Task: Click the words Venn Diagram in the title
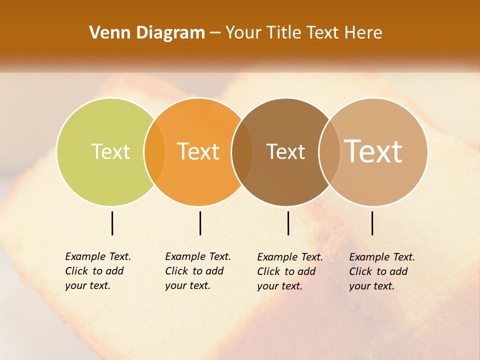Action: click(147, 33)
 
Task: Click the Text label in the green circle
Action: click(110, 151)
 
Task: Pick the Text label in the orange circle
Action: click(198, 151)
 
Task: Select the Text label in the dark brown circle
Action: click(285, 151)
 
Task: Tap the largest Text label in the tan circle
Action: click(373, 151)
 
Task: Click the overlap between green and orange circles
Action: click(154, 151)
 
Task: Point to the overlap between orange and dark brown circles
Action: click(242, 151)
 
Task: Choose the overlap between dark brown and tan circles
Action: click(329, 151)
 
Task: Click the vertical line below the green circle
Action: click(112, 223)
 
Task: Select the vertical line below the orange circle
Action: click(200, 223)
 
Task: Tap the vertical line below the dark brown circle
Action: click(288, 223)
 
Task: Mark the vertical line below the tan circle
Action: click(372, 223)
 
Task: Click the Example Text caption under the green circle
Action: click(97, 271)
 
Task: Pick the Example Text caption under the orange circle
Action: click(197, 271)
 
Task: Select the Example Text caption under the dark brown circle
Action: click(289, 271)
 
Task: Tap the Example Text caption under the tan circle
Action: click(381, 271)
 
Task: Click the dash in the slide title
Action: click(215, 33)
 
